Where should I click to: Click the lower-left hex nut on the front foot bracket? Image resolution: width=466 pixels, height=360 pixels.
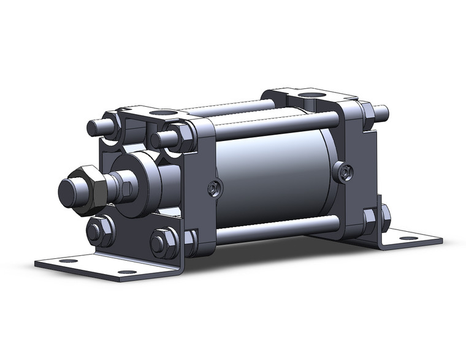(99, 232)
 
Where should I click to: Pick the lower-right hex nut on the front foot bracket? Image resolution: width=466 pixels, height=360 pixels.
(162, 242)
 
